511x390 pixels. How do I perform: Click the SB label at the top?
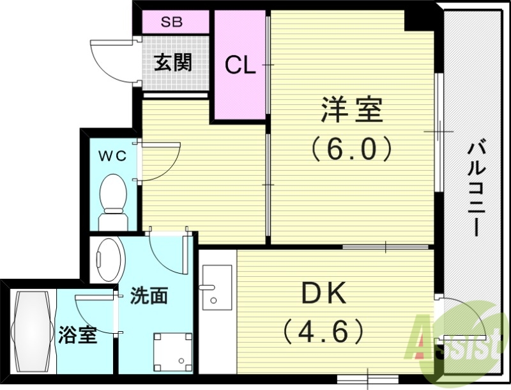(171, 22)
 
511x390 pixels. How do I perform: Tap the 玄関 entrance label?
(172, 63)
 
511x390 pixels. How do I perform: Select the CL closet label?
(240, 65)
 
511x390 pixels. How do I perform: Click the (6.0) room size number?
(351, 150)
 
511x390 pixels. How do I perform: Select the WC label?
(112, 155)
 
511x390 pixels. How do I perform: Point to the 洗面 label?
(149, 296)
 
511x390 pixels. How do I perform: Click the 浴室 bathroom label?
(77, 334)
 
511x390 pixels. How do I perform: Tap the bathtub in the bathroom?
(33, 332)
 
